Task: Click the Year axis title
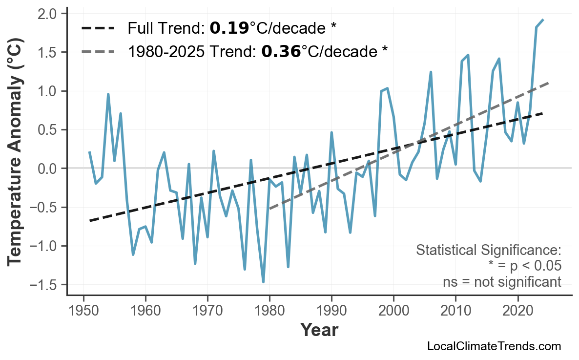coord(319,330)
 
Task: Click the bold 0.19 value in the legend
coord(229,28)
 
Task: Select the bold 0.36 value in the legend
coord(281,51)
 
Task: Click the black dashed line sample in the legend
coord(98,28)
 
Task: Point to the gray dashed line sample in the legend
coord(98,51)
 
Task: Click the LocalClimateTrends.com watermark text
coord(494,346)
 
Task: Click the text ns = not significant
coord(502,282)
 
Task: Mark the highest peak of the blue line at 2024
coord(543,20)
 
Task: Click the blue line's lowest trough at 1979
coord(263,282)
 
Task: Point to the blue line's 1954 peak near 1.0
coord(108,94)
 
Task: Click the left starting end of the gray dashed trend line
coord(269,209)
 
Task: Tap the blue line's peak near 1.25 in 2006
coord(431,72)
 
